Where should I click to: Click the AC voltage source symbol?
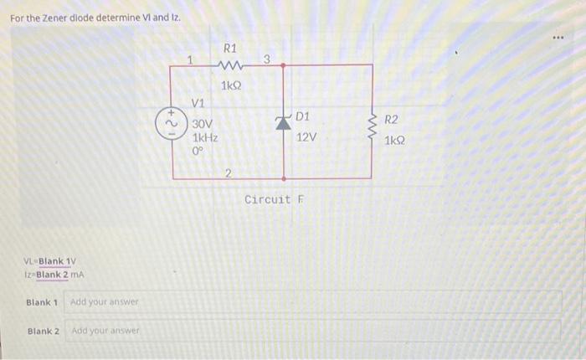click(172, 121)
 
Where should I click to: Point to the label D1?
click(302, 116)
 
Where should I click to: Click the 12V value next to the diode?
click(306, 136)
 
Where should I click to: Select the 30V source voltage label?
click(203, 123)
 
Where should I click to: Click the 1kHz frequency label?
click(206, 138)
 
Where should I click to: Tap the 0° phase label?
click(198, 152)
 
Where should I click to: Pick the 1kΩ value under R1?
click(231, 85)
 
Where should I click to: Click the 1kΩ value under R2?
click(396, 141)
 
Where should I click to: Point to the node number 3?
click(266, 59)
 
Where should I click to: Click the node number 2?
click(228, 173)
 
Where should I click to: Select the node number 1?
click(191, 59)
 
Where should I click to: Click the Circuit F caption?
click(275, 199)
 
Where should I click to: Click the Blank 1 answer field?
click(313, 301)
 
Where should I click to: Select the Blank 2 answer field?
click(313, 331)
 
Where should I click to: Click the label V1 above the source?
click(198, 103)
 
